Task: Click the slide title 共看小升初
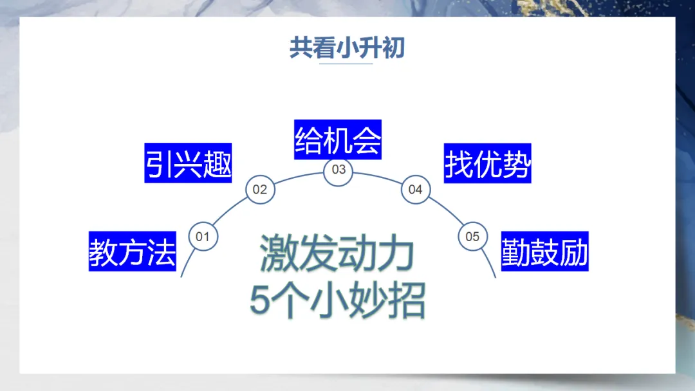pyautogui.click(x=347, y=48)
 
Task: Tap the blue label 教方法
pyautogui.click(x=133, y=251)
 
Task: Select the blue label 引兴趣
pyautogui.click(x=188, y=163)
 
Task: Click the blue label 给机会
pyautogui.click(x=338, y=140)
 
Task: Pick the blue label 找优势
pyautogui.click(x=488, y=163)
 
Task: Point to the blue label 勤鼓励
pyautogui.click(x=545, y=251)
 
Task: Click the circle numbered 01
pyautogui.click(x=203, y=237)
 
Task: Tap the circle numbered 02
pyautogui.click(x=260, y=190)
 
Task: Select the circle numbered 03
pyautogui.click(x=338, y=170)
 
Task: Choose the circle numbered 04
pyautogui.click(x=416, y=190)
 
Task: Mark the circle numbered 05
pyautogui.click(x=473, y=237)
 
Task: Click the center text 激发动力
pyautogui.click(x=337, y=253)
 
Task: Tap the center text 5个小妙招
pyautogui.click(x=337, y=301)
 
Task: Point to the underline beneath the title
pyautogui.click(x=346, y=64)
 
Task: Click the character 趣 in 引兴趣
pyautogui.click(x=217, y=163)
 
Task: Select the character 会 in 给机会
pyautogui.click(x=367, y=140)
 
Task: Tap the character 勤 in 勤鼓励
pyautogui.click(x=516, y=251)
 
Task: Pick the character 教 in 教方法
pyautogui.click(x=104, y=251)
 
